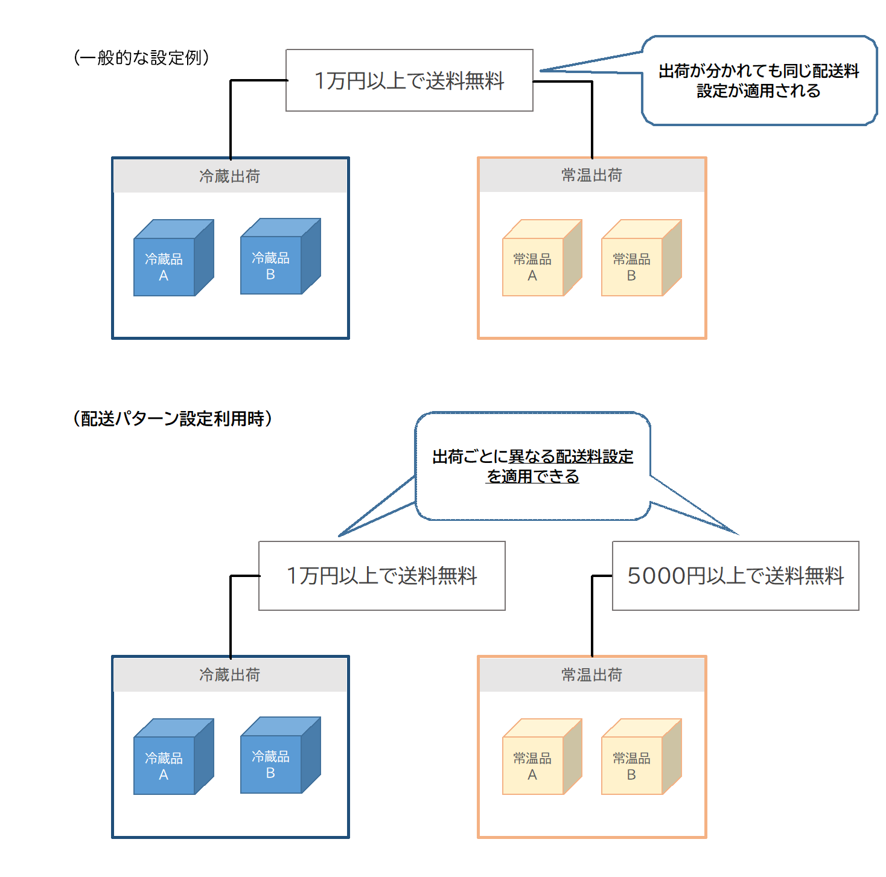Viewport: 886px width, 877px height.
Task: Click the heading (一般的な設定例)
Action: [x=141, y=58]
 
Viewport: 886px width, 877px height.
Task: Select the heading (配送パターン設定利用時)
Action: [x=172, y=418]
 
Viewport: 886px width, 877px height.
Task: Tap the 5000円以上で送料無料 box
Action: [x=735, y=576]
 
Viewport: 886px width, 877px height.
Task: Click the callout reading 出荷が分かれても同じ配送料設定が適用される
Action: [x=759, y=81]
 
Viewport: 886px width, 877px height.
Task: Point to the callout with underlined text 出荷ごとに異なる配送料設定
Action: [x=532, y=466]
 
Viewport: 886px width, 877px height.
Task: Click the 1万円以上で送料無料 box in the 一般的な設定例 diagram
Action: [x=409, y=81]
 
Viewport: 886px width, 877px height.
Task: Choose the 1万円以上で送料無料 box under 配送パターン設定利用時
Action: [x=381, y=576]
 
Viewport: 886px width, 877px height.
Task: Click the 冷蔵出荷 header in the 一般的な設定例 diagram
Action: [x=230, y=176]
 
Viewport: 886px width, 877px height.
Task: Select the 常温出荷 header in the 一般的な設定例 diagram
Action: [x=591, y=176]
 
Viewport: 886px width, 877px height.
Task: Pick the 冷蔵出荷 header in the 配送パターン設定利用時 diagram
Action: [x=230, y=675]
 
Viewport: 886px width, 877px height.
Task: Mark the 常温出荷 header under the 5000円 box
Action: [x=591, y=675]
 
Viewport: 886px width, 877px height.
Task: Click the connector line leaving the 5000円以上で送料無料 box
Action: [x=592, y=616]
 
